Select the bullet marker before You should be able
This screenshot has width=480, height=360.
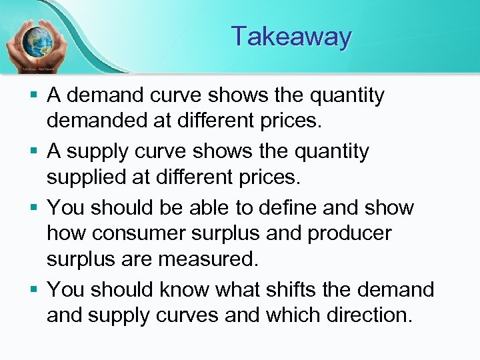(x=34, y=208)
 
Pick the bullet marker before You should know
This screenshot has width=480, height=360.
(x=34, y=291)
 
